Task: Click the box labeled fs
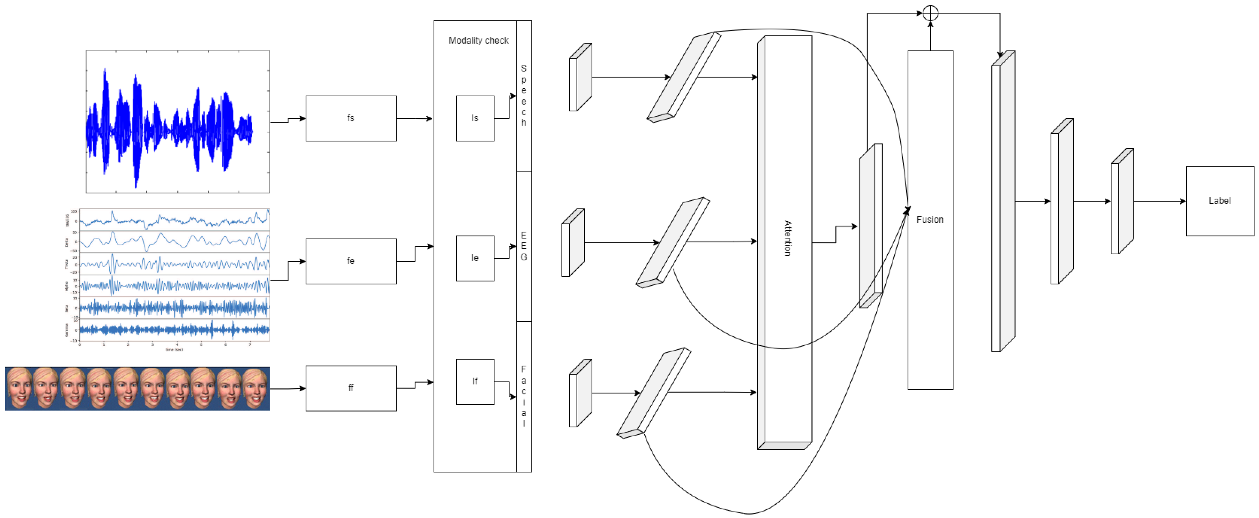(350, 118)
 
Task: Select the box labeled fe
(350, 261)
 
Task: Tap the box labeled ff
(350, 388)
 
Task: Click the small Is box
(475, 118)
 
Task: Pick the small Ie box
(475, 258)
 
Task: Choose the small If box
(475, 381)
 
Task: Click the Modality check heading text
(478, 41)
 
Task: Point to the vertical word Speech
(523, 95)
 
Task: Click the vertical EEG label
(523, 246)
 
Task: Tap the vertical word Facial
(523, 396)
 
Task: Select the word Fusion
(930, 219)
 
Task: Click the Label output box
(1219, 201)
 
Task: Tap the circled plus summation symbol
(930, 13)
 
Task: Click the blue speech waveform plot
(177, 122)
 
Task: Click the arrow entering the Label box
(1163, 201)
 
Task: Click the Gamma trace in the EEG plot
(174, 330)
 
